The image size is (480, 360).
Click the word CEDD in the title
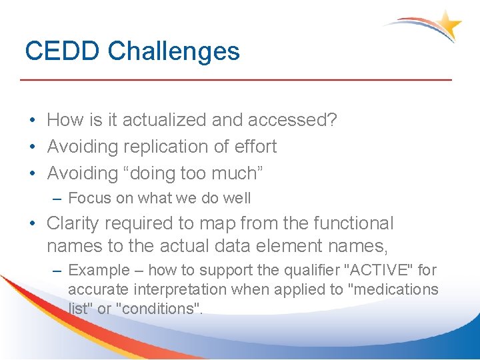click(63, 51)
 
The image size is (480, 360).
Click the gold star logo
click(449, 25)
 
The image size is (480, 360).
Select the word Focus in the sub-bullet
click(88, 198)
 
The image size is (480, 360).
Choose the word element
click(295, 246)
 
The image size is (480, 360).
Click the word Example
click(99, 270)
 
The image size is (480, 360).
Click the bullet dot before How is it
click(32, 121)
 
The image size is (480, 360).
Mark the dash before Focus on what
click(58, 198)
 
